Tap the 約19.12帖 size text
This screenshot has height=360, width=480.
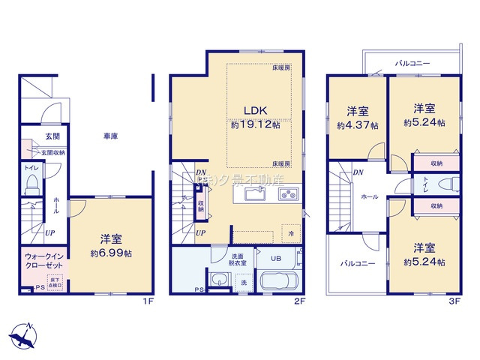pyautogui.click(x=255, y=125)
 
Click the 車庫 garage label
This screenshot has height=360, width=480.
pyautogui.click(x=111, y=136)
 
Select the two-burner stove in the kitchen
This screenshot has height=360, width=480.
pyautogui.click(x=288, y=196)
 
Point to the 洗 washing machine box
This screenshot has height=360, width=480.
pyautogui.click(x=243, y=282)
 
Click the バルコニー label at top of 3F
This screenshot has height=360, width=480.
pyautogui.click(x=412, y=64)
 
